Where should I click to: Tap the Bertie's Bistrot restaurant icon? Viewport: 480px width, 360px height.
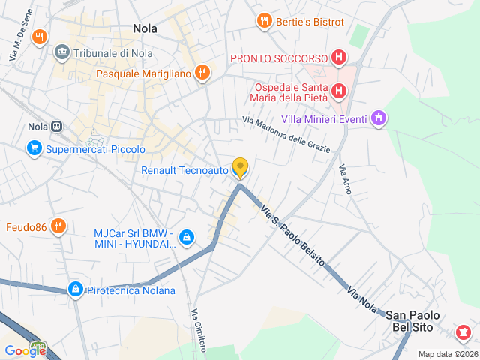tap(264, 21)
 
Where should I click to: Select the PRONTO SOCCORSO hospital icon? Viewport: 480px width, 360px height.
tap(339, 58)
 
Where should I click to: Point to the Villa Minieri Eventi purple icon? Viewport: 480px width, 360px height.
tap(379, 119)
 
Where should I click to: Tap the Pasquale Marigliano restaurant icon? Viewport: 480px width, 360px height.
tap(201, 73)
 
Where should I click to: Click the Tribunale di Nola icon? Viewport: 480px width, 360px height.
tap(61, 52)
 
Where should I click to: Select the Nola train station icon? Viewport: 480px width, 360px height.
tap(58, 127)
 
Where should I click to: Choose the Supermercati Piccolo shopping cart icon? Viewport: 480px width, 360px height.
tap(34, 149)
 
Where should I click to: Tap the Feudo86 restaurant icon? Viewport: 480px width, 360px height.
tap(58, 226)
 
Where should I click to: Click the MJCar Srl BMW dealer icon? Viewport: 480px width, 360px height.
tap(187, 238)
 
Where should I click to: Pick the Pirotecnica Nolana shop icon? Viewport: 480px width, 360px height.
tap(75, 289)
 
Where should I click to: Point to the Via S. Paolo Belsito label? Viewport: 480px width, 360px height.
tap(292, 235)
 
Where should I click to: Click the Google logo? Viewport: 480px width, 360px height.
tap(25, 349)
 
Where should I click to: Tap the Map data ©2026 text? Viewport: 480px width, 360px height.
tap(448, 354)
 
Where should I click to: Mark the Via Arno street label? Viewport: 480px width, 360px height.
tap(345, 179)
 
